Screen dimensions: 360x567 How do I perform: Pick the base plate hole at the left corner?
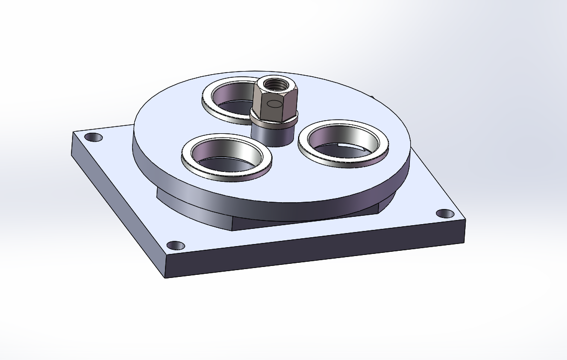93,137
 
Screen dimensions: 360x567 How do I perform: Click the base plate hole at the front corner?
175,245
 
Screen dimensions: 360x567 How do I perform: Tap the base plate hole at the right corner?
445,214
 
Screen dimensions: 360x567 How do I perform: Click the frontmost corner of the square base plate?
165,275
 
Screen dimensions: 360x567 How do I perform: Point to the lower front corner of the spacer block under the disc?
233,230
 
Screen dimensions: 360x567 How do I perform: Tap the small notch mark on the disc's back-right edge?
373,97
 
